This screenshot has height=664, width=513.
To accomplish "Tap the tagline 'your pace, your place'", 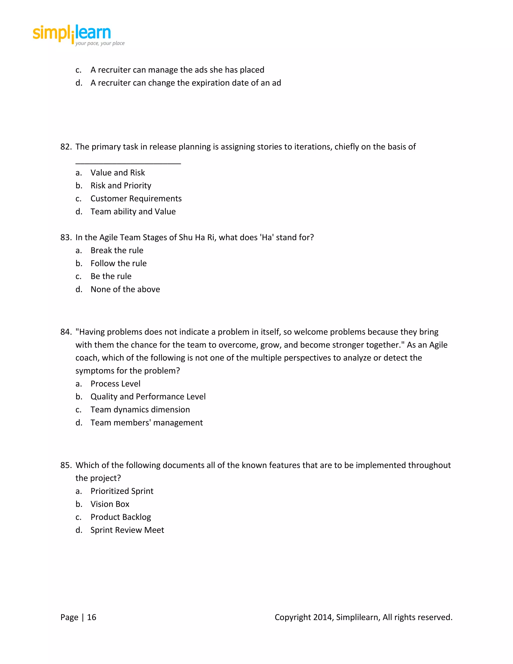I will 100,43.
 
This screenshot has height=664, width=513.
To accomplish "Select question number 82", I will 66,147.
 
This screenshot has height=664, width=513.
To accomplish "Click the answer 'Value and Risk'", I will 118,172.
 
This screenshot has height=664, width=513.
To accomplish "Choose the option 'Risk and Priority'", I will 121,185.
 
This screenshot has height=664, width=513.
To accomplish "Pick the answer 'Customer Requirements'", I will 136,198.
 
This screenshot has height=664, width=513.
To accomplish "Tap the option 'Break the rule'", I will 117,250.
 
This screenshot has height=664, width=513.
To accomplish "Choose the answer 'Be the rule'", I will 111,276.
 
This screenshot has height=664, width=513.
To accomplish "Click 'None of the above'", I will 125,289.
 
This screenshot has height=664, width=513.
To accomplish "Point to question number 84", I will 66,332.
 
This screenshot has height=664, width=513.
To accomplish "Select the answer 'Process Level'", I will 115,384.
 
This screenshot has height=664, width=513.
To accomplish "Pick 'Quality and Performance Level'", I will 148,396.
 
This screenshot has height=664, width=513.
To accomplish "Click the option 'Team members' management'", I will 147,423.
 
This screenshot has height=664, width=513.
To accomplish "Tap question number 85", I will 66,465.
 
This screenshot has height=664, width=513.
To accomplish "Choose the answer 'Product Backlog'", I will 121,517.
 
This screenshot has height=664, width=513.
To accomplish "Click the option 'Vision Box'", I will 110,504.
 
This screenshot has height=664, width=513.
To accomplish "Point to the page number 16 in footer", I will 91,617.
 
